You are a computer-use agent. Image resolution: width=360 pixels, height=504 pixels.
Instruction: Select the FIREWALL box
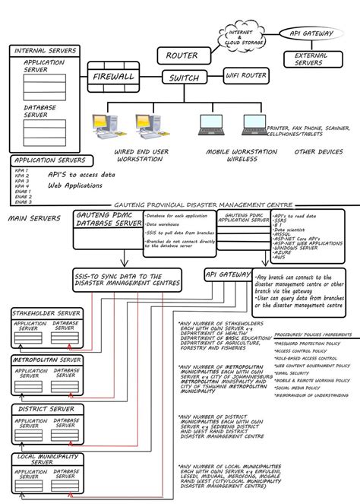coord(113,78)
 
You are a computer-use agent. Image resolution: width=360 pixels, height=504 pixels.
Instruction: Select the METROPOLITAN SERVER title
coord(46,359)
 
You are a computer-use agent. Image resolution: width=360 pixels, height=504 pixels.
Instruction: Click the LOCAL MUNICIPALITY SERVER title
coord(46,458)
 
